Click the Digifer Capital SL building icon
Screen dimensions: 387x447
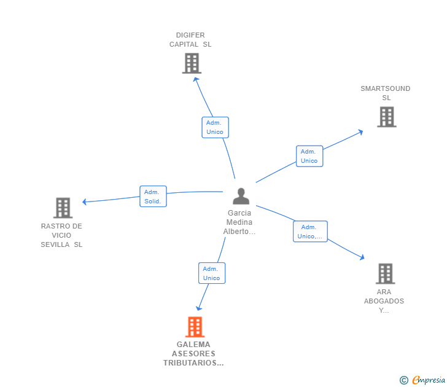pyautogui.click(x=192, y=63)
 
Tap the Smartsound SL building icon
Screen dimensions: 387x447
pyautogui.click(x=386, y=117)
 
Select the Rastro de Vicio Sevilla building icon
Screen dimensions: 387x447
pyautogui.click(x=63, y=208)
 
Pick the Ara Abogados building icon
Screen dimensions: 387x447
pyautogui.click(x=385, y=273)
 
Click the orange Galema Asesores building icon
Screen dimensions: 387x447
pyautogui.click(x=195, y=327)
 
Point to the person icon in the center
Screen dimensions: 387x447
pyautogui.click(x=241, y=196)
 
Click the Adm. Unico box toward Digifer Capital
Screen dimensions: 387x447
pyautogui.click(x=215, y=127)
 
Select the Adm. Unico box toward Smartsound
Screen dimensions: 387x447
pyautogui.click(x=309, y=156)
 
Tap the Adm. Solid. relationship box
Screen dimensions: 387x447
pyautogui.click(x=153, y=196)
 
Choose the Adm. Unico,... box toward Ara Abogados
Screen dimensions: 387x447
pyautogui.click(x=310, y=232)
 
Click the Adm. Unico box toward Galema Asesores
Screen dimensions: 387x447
pyautogui.click(x=212, y=273)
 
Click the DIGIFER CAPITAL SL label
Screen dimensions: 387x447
pyautogui.click(x=190, y=40)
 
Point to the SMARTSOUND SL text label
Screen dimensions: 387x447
pyautogui.click(x=386, y=93)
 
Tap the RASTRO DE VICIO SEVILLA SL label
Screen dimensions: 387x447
pyautogui.click(x=61, y=235)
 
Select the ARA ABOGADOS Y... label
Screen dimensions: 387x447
pyautogui.click(x=384, y=301)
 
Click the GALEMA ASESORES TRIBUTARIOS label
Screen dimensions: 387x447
pyautogui.click(x=193, y=354)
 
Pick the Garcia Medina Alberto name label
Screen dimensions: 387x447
pyautogui.click(x=239, y=222)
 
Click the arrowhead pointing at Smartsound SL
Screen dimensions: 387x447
pyautogui.click(x=360, y=131)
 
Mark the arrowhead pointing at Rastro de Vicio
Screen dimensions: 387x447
pyautogui.click(x=85, y=201)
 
